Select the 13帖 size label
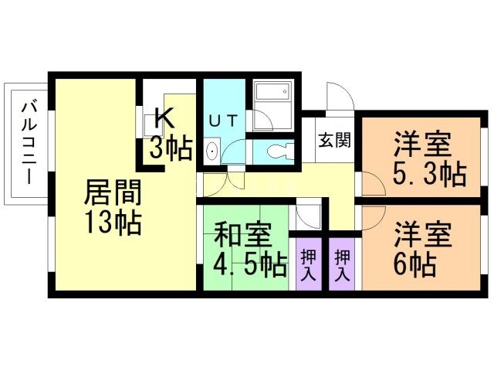click(112, 223)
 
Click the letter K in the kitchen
click(164, 118)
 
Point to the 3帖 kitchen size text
click(171, 148)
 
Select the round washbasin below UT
click(212, 151)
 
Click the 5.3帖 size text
click(428, 175)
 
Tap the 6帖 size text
click(414, 265)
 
